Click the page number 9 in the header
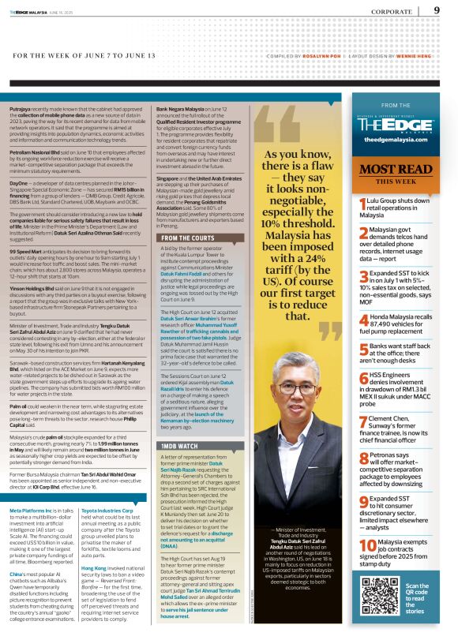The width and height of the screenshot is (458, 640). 437,10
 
